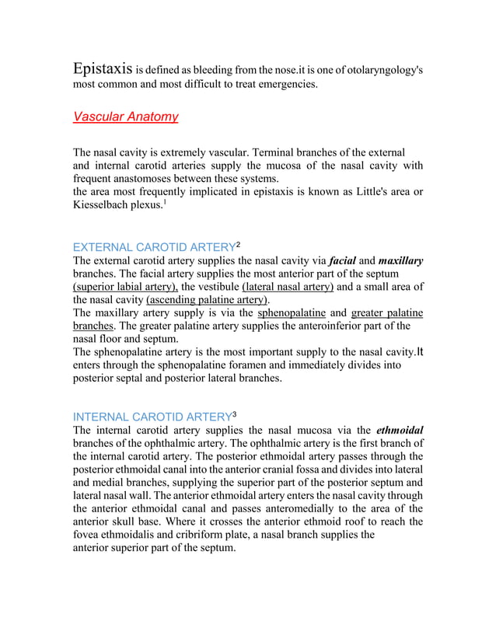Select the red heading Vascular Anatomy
pos(125,117)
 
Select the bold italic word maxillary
pos(400,260)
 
